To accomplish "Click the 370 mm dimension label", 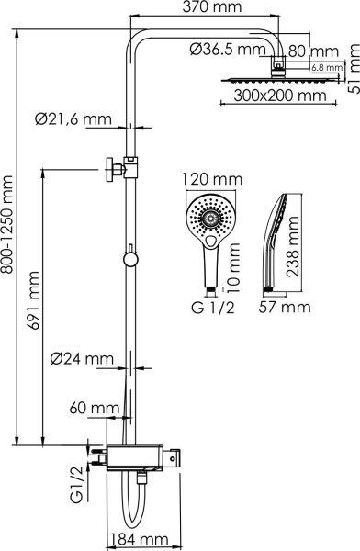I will point(208,8).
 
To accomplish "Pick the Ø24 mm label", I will point(82,357).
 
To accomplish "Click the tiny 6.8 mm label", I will point(326,67).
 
